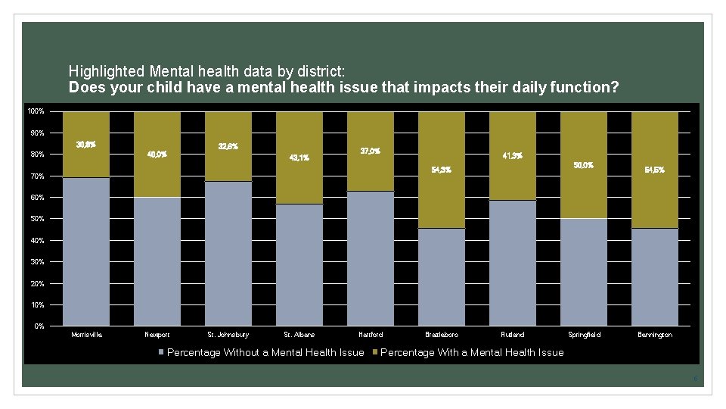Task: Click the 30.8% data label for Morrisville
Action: [x=85, y=145]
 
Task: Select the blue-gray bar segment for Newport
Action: [x=157, y=261]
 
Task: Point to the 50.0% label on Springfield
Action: [x=584, y=165]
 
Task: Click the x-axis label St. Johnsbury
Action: [x=228, y=334]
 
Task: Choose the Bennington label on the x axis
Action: [x=655, y=334]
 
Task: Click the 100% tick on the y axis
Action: [x=36, y=112]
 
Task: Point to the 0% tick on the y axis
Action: [x=39, y=326]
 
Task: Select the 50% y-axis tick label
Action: [x=37, y=219]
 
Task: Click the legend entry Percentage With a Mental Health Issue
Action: [x=472, y=352]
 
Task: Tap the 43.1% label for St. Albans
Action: [x=299, y=158]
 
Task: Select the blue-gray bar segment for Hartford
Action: [x=371, y=258]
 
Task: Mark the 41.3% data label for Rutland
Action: [x=513, y=156]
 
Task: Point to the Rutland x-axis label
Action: [x=513, y=334]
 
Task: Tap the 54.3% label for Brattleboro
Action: [x=442, y=170]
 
